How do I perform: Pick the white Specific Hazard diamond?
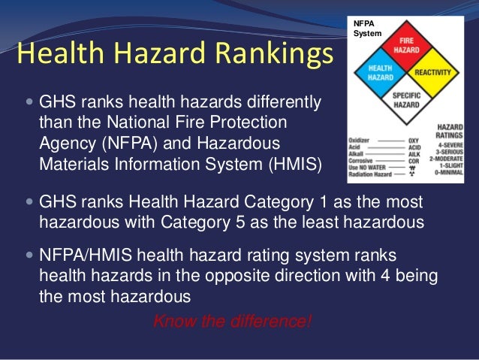406,100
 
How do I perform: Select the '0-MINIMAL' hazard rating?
448,172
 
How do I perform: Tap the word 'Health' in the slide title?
57,54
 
